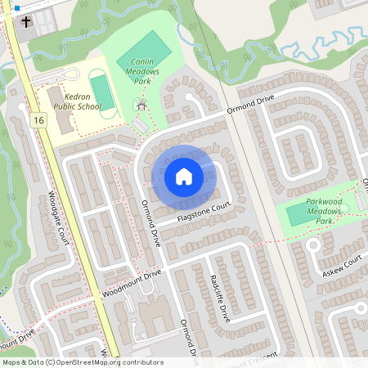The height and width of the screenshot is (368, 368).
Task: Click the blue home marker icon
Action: click(184, 177)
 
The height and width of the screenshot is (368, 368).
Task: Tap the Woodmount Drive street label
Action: click(132, 283)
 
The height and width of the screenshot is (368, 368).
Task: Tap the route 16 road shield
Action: click(38, 120)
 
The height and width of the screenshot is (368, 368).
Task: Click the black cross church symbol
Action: click(25, 20)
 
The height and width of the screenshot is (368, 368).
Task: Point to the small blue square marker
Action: click(16, 8)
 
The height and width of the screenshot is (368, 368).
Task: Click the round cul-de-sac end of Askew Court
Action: click(312, 245)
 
